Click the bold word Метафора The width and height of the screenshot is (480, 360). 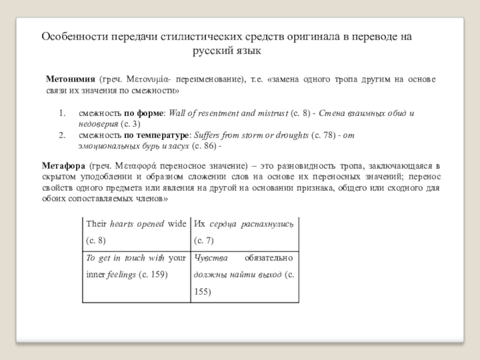[63, 165]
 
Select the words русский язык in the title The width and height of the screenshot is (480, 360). [227, 51]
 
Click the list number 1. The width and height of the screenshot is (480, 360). [61, 113]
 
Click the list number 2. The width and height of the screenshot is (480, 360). [61, 135]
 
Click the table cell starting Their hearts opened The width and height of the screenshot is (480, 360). [136, 232]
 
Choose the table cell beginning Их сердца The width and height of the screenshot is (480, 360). [243, 232]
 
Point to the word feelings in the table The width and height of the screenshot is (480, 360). [122, 274]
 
